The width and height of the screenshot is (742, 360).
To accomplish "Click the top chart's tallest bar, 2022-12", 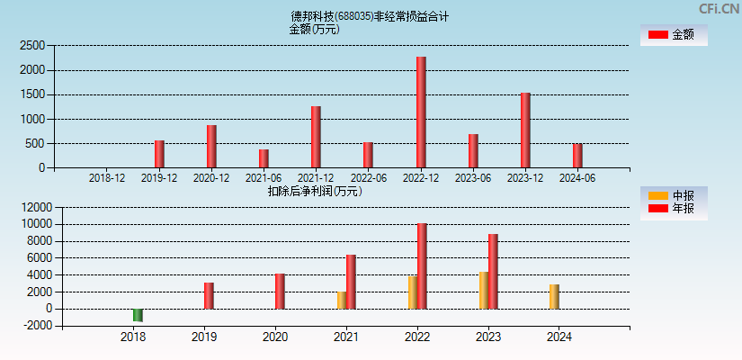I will click(x=421, y=112).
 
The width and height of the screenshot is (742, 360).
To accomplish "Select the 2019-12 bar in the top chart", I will click(x=159, y=154).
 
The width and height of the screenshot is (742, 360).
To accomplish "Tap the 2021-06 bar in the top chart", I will click(x=264, y=158).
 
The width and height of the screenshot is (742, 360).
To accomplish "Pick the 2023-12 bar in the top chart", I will click(x=525, y=130).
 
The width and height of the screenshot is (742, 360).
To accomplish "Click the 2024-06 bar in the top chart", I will click(x=577, y=156).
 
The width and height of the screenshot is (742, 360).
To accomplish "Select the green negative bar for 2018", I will click(x=138, y=315).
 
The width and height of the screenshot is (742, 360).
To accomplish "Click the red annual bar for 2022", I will click(x=422, y=266).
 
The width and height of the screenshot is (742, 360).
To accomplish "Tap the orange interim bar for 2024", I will click(x=555, y=297).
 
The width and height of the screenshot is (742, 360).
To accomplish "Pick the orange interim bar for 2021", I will click(x=342, y=300).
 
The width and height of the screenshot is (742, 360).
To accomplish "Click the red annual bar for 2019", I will click(x=209, y=295).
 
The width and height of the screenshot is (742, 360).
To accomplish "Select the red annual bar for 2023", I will click(x=493, y=272).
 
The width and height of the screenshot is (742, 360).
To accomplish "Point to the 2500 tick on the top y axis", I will click(x=32, y=45).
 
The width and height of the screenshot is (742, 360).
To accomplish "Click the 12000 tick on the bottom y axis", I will click(x=29, y=207).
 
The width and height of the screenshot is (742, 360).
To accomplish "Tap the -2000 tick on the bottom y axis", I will click(x=31, y=326).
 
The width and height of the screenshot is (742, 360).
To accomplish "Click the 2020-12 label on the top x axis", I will click(x=211, y=178).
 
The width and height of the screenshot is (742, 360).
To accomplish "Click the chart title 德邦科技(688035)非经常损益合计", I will click(x=370, y=16).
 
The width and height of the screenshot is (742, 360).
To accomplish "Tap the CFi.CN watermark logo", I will click(x=718, y=9).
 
